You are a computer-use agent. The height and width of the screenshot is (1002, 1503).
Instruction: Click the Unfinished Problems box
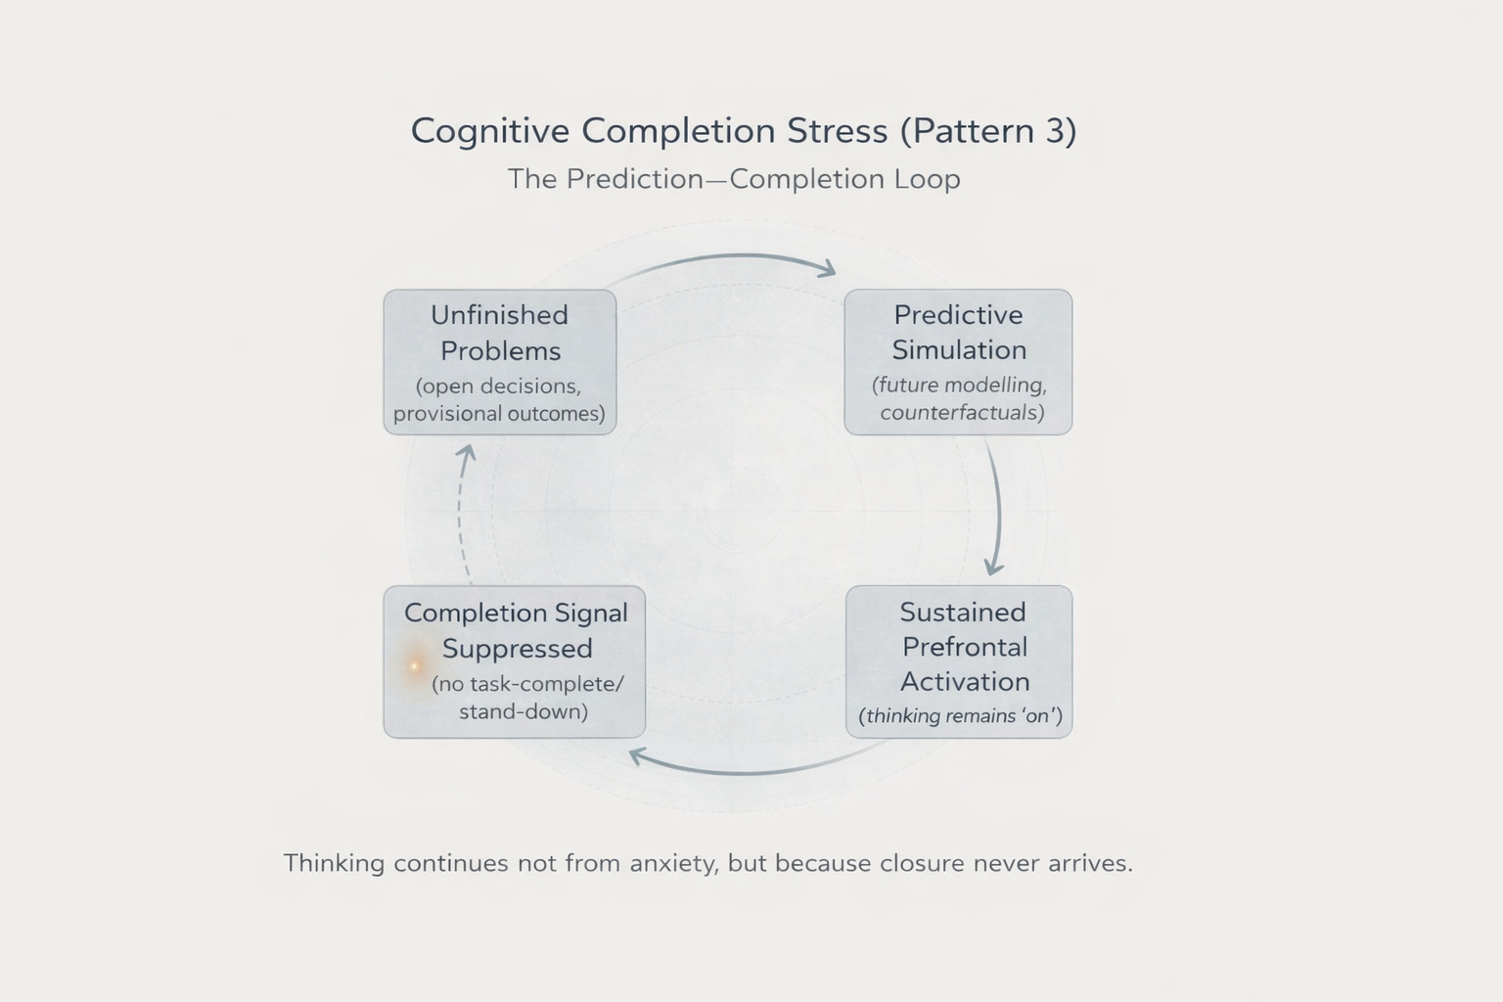(500, 362)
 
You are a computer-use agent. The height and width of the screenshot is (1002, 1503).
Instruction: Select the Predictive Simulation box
(958, 362)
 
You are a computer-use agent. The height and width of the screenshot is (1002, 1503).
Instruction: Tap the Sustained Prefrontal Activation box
(959, 661)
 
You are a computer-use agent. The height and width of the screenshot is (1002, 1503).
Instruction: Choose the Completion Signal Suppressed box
(515, 661)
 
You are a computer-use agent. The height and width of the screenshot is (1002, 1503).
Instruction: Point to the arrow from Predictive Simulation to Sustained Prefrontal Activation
(998, 509)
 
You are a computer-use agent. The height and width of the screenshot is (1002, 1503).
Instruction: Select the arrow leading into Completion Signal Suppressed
(744, 770)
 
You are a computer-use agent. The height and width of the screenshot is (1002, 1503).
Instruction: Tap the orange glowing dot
(415, 666)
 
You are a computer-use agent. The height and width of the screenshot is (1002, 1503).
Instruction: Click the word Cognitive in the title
(489, 131)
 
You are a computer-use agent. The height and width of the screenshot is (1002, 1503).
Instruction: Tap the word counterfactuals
(962, 412)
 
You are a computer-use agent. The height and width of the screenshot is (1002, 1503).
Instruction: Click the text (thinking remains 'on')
(960, 715)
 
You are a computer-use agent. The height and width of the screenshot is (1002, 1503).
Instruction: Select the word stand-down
(524, 711)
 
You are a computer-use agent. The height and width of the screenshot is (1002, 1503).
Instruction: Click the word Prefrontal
(965, 647)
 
